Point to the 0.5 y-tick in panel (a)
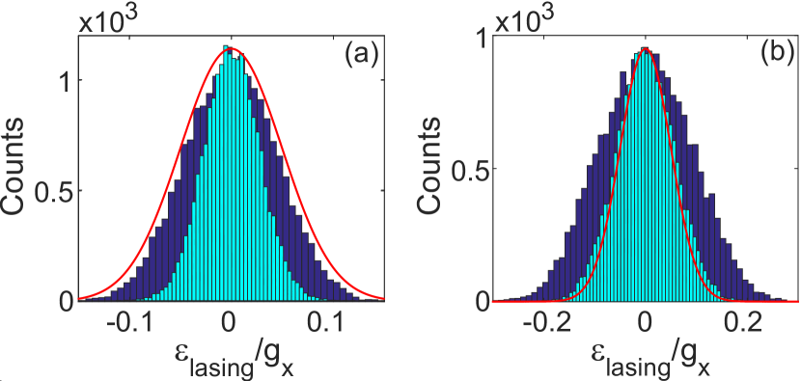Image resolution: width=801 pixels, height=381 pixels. click(52, 191)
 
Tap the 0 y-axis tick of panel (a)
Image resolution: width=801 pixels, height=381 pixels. click(61, 302)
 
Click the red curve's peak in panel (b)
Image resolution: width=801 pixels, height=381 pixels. click(646, 48)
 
